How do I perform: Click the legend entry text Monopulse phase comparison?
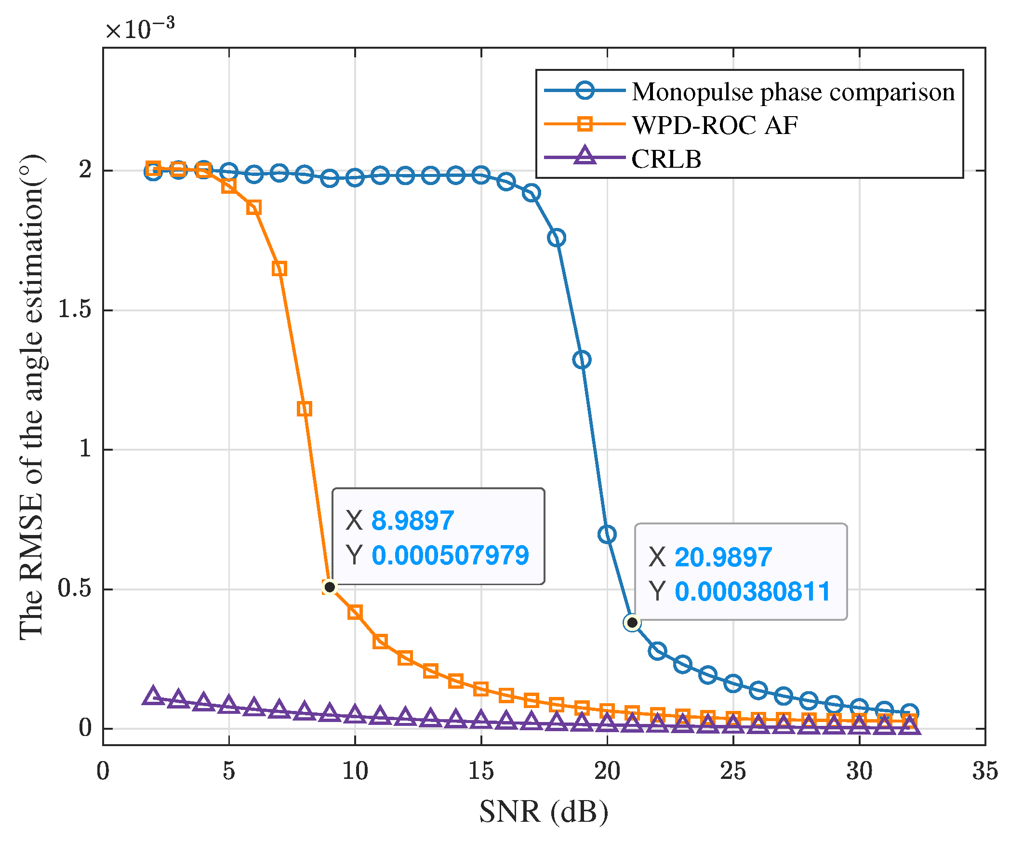pos(793,92)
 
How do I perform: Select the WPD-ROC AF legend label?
pos(715,125)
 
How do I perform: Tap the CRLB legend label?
pos(666,159)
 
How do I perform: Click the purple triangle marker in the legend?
pos(585,156)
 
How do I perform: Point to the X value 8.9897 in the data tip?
pos(412,521)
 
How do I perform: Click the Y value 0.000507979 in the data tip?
pos(450,555)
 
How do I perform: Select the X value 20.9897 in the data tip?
pos(723,557)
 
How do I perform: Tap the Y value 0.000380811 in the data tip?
pos(752,591)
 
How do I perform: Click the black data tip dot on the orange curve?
pos(330,587)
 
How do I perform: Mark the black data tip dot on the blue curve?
pos(632,623)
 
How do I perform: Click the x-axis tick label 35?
pos(984,771)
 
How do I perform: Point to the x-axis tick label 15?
pos(480,771)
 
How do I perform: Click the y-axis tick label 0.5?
pos(75,588)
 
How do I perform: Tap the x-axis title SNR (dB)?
pos(544,812)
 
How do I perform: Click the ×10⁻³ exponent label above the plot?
pos(140,29)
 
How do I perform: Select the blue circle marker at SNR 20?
pos(607,534)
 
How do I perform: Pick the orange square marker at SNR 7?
pos(279,268)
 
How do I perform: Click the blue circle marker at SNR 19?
pos(582,360)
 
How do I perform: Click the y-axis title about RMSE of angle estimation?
pos(32,397)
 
